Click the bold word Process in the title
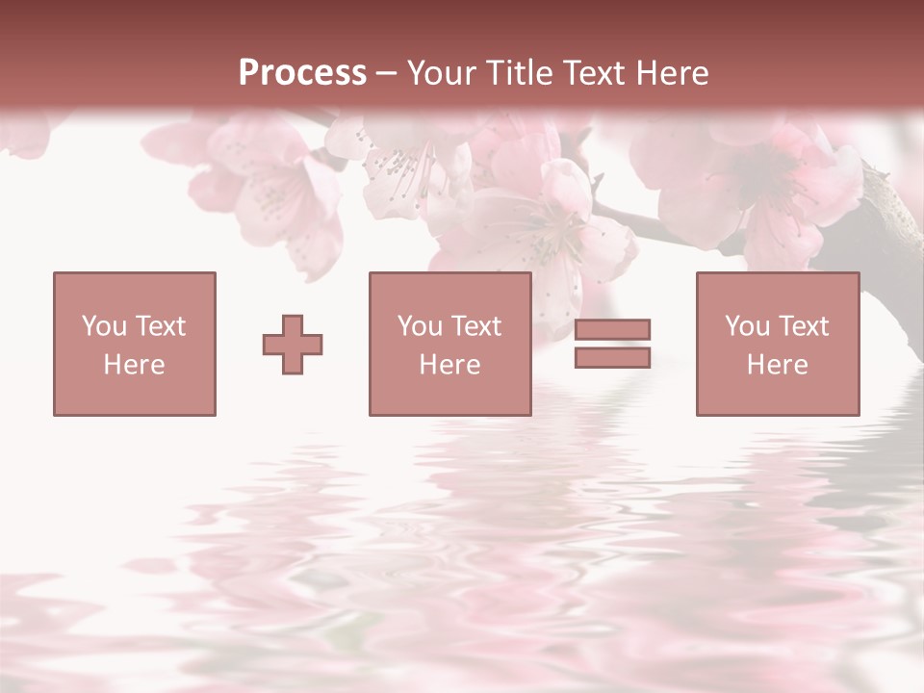(302, 73)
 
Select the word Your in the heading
(440, 73)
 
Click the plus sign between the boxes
(293, 345)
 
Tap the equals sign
(612, 344)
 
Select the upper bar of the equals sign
(612, 329)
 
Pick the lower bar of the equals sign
(612, 358)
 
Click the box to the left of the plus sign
(135, 344)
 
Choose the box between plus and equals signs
(449, 344)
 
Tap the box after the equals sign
(778, 344)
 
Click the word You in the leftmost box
(102, 326)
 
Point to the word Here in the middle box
(449, 365)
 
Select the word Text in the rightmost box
(805, 326)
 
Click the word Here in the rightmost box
(778, 365)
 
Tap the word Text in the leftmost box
(159, 326)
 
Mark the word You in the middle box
(419, 326)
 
